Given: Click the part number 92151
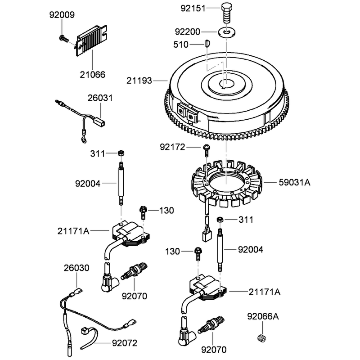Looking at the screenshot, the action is click(193, 8).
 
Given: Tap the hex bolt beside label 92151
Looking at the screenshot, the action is click(227, 13).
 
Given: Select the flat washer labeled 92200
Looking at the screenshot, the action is click(227, 32).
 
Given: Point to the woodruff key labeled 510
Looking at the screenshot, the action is click(207, 43).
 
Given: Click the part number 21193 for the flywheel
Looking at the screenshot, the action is click(139, 81).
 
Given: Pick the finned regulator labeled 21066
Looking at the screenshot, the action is click(91, 40).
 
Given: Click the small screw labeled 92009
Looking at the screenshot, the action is click(64, 38).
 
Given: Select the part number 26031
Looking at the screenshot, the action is click(100, 98).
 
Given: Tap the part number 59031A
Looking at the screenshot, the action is click(295, 183).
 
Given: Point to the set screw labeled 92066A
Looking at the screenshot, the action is click(261, 338).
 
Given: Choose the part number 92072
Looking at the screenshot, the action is click(125, 343).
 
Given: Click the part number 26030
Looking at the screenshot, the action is click(76, 268).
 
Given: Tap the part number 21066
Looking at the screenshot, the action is click(93, 75).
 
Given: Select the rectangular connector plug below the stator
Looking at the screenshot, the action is click(207, 236).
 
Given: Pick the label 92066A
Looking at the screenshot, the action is click(263, 317).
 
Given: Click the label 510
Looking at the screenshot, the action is click(181, 45).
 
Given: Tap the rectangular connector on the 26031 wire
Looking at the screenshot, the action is click(100, 121).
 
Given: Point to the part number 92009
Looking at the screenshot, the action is click(62, 15).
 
